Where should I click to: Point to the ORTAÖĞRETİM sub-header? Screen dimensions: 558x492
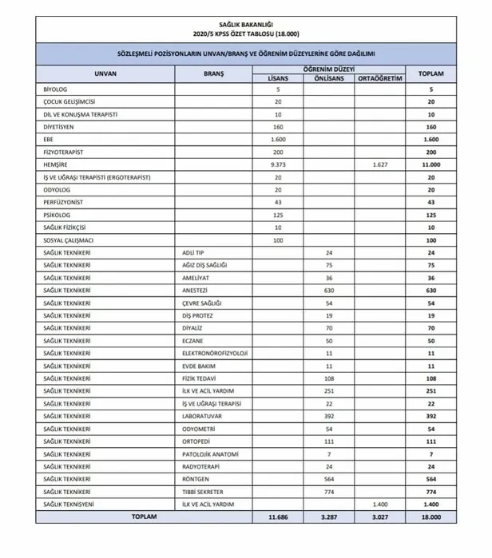tap(379, 78)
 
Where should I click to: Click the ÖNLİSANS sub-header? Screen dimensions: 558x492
tap(329, 78)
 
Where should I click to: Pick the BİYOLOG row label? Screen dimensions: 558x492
tap(56, 89)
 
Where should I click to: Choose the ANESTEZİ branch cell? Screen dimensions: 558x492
tap(196, 291)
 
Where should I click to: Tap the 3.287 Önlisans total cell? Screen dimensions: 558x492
tap(329, 517)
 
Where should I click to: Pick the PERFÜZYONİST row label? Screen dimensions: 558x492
tap(65, 202)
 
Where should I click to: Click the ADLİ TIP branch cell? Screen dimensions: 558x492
tap(194, 252)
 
